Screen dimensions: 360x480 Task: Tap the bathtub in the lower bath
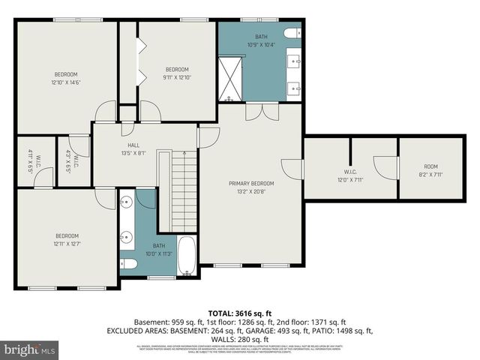187,256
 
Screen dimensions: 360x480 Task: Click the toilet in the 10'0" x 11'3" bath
128,263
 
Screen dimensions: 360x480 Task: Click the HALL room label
133,145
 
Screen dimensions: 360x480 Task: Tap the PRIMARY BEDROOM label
251,183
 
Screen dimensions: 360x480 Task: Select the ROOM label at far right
430,166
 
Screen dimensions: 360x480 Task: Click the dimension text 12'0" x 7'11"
349,180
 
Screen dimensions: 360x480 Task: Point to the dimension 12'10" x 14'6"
65,82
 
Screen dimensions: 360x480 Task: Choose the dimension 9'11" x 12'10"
177,77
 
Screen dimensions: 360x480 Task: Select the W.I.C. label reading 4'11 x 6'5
29,161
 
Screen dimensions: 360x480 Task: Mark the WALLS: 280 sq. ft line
240,339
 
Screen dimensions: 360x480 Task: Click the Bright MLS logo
30,349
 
